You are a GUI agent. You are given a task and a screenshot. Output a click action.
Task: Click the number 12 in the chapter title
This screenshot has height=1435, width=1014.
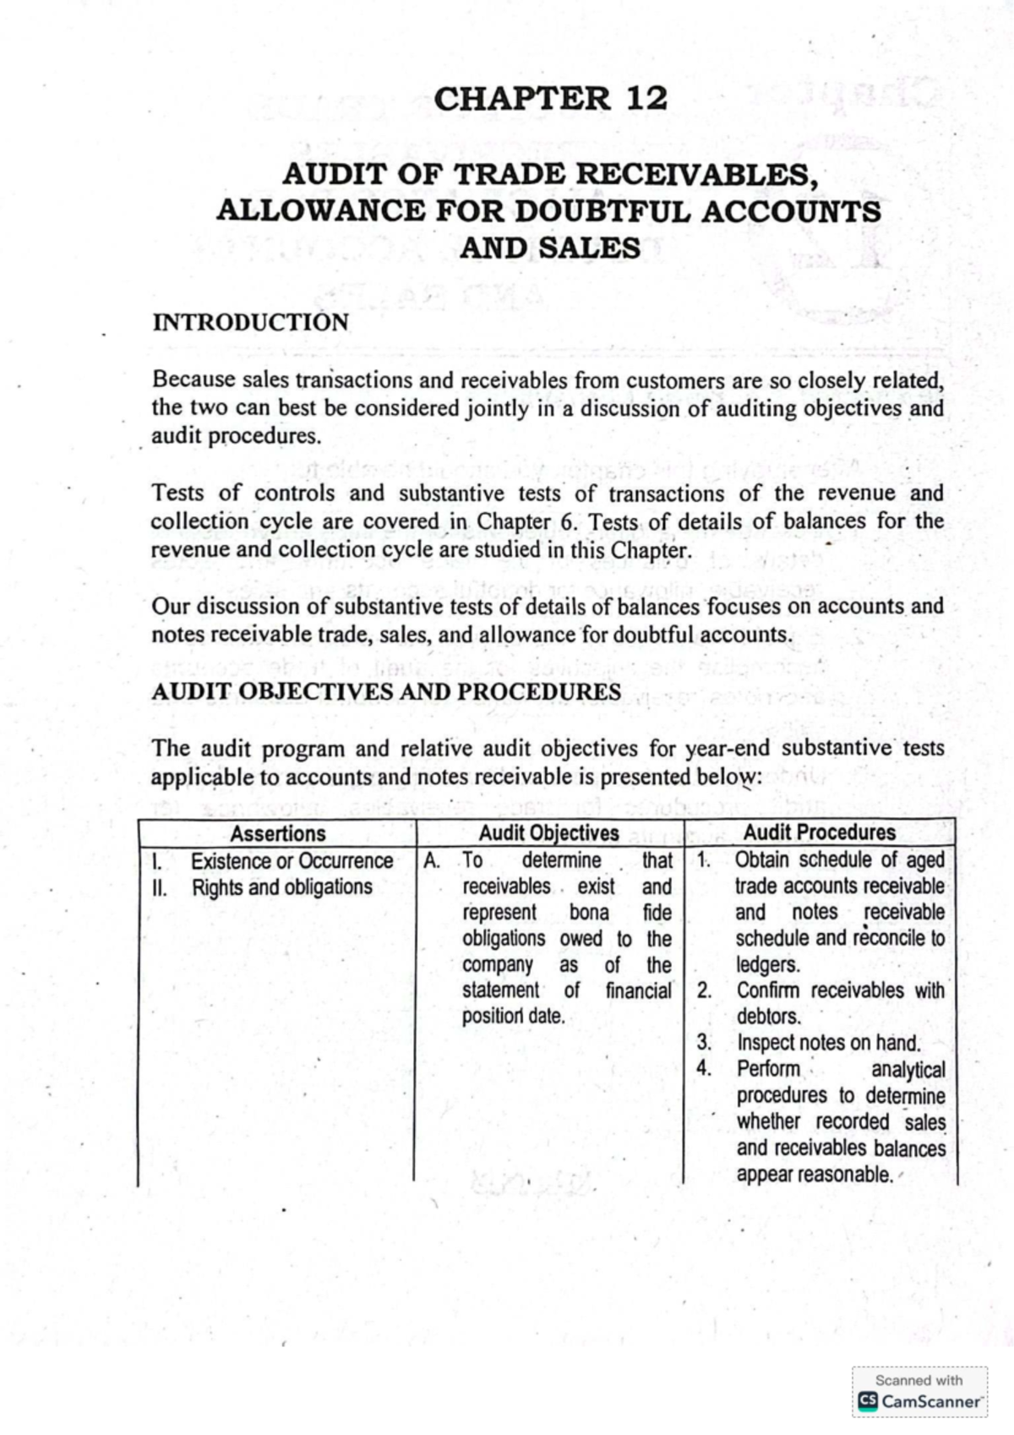pyautogui.click(x=646, y=99)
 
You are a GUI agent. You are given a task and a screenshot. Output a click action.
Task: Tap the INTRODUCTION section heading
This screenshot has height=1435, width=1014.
pyautogui.click(x=250, y=323)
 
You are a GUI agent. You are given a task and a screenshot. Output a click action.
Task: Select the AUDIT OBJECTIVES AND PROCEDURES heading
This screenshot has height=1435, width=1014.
pyautogui.click(x=386, y=692)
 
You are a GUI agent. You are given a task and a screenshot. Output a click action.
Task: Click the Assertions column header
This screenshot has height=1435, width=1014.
pyautogui.click(x=277, y=833)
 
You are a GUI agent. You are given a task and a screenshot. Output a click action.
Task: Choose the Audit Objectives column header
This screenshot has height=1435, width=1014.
pyautogui.click(x=548, y=833)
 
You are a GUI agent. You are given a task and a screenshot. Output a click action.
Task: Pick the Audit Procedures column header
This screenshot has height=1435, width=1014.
pyautogui.click(x=819, y=832)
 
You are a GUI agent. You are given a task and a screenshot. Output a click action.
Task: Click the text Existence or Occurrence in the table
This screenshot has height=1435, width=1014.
pyautogui.click(x=292, y=861)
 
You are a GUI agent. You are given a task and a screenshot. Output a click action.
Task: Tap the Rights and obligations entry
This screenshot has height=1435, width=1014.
pyautogui.click(x=281, y=887)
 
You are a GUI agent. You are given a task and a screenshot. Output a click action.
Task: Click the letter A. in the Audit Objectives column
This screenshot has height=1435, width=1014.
pyautogui.click(x=432, y=861)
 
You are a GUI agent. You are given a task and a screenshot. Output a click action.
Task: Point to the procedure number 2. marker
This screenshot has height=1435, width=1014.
pyautogui.click(x=704, y=990)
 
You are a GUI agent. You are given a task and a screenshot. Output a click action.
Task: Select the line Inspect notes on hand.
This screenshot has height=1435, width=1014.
pyautogui.click(x=828, y=1043)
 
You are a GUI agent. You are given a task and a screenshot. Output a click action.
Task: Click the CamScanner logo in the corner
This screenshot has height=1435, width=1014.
pyautogui.click(x=919, y=1400)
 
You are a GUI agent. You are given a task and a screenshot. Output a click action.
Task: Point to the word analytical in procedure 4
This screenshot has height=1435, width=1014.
pyautogui.click(x=908, y=1070)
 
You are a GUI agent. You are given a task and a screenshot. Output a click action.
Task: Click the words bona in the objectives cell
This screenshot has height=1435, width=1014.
pyautogui.click(x=589, y=913)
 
